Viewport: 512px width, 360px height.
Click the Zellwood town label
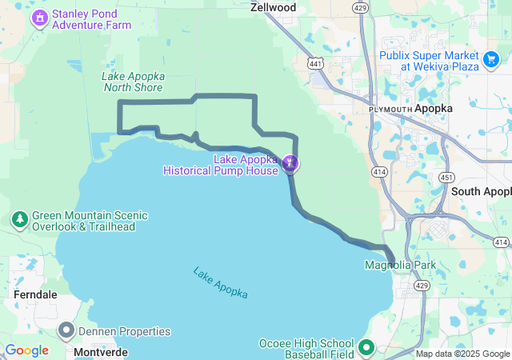coord(273,7)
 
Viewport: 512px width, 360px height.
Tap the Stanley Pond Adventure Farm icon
coord(39,17)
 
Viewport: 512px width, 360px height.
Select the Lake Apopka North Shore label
coord(133,82)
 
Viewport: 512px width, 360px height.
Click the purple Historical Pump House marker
coord(290,164)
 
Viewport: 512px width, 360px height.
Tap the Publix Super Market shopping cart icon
coord(491,58)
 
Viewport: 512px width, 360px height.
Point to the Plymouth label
coord(390,109)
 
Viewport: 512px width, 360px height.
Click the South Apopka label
coord(481,191)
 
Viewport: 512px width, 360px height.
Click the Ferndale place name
coord(35,294)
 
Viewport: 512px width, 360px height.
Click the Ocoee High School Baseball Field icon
coord(366,347)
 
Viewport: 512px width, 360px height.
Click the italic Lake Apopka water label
coord(220,282)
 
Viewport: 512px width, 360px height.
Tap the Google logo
coord(26,350)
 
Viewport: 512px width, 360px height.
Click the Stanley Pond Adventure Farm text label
coord(91,18)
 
